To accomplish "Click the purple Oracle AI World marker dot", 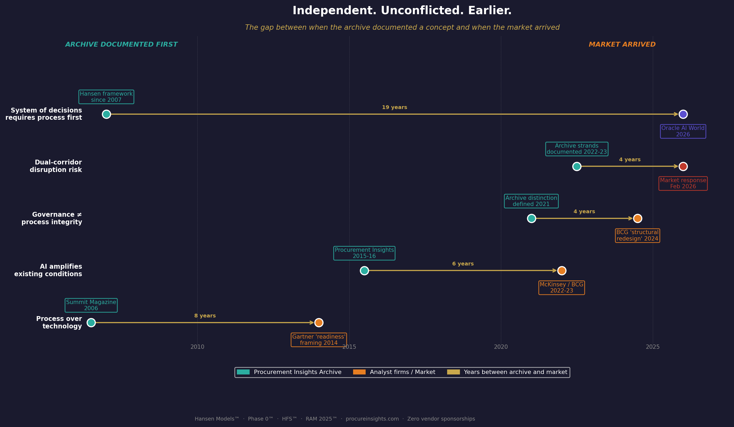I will pos(683,114).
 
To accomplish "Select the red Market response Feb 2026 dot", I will pos(683,166).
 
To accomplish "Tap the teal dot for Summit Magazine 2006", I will pos(91,323).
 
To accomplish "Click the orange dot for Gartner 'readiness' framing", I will pos(319,323).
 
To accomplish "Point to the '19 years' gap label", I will pos(394,107).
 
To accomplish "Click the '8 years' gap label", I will pos(205,316).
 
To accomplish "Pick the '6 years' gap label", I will pos(463,264).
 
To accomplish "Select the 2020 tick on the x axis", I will pos(501,347).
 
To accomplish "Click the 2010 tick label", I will pos(197,347).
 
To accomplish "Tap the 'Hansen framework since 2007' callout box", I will pos(106,97).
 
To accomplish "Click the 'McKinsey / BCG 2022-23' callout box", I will pos(561,288).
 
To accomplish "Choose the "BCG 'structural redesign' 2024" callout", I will pos(637,236).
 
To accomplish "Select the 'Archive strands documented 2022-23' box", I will pos(577,149).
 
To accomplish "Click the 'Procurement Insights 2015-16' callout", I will pos(364,253).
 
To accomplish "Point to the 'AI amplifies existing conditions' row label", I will pos(48,270).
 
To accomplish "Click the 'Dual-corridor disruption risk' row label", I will pos(56,166).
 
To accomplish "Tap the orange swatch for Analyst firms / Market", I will pos(359,372).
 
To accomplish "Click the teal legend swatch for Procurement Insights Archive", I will pos(243,372).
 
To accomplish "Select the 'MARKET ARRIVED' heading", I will pos(622,44).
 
